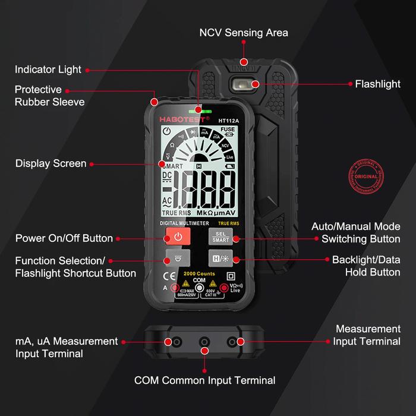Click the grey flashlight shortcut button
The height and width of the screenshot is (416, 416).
pos(178,259)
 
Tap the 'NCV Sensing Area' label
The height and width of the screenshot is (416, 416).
pos(243,33)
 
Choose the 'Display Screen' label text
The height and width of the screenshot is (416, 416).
pos(51,163)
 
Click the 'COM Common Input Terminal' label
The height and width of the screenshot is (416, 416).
pos(205,380)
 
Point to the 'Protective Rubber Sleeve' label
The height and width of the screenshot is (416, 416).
pos(49,96)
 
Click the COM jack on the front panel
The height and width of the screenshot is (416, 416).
pos(200,289)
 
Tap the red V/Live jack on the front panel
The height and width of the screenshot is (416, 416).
pos(224,289)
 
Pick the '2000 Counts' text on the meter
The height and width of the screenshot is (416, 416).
pos(199,272)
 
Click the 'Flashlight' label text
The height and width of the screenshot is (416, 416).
pos(377,84)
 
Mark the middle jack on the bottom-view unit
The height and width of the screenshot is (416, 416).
pos(205,342)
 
